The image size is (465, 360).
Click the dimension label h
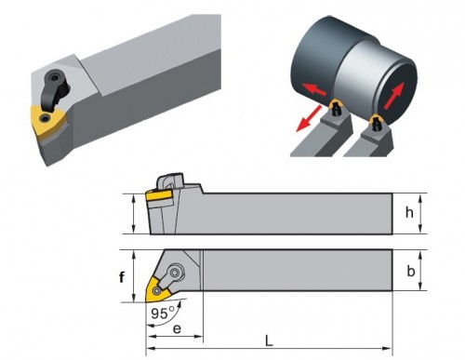[409, 212]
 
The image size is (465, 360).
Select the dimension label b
[410, 271]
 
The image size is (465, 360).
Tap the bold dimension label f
[122, 277]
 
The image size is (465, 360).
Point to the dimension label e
[177, 328]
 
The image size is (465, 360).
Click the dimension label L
[269, 341]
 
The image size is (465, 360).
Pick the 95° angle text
[163, 313]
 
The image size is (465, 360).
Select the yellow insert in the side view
[159, 195]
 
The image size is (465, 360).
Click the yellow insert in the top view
[157, 290]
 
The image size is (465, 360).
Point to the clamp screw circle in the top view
[176, 273]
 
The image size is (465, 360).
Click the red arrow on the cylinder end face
[394, 95]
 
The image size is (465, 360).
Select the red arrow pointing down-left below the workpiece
[309, 118]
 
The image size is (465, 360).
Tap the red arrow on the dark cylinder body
[314, 88]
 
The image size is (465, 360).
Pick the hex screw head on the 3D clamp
[55, 76]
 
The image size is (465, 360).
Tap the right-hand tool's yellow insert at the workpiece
[376, 119]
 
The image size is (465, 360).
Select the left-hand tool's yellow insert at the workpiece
[336, 104]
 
